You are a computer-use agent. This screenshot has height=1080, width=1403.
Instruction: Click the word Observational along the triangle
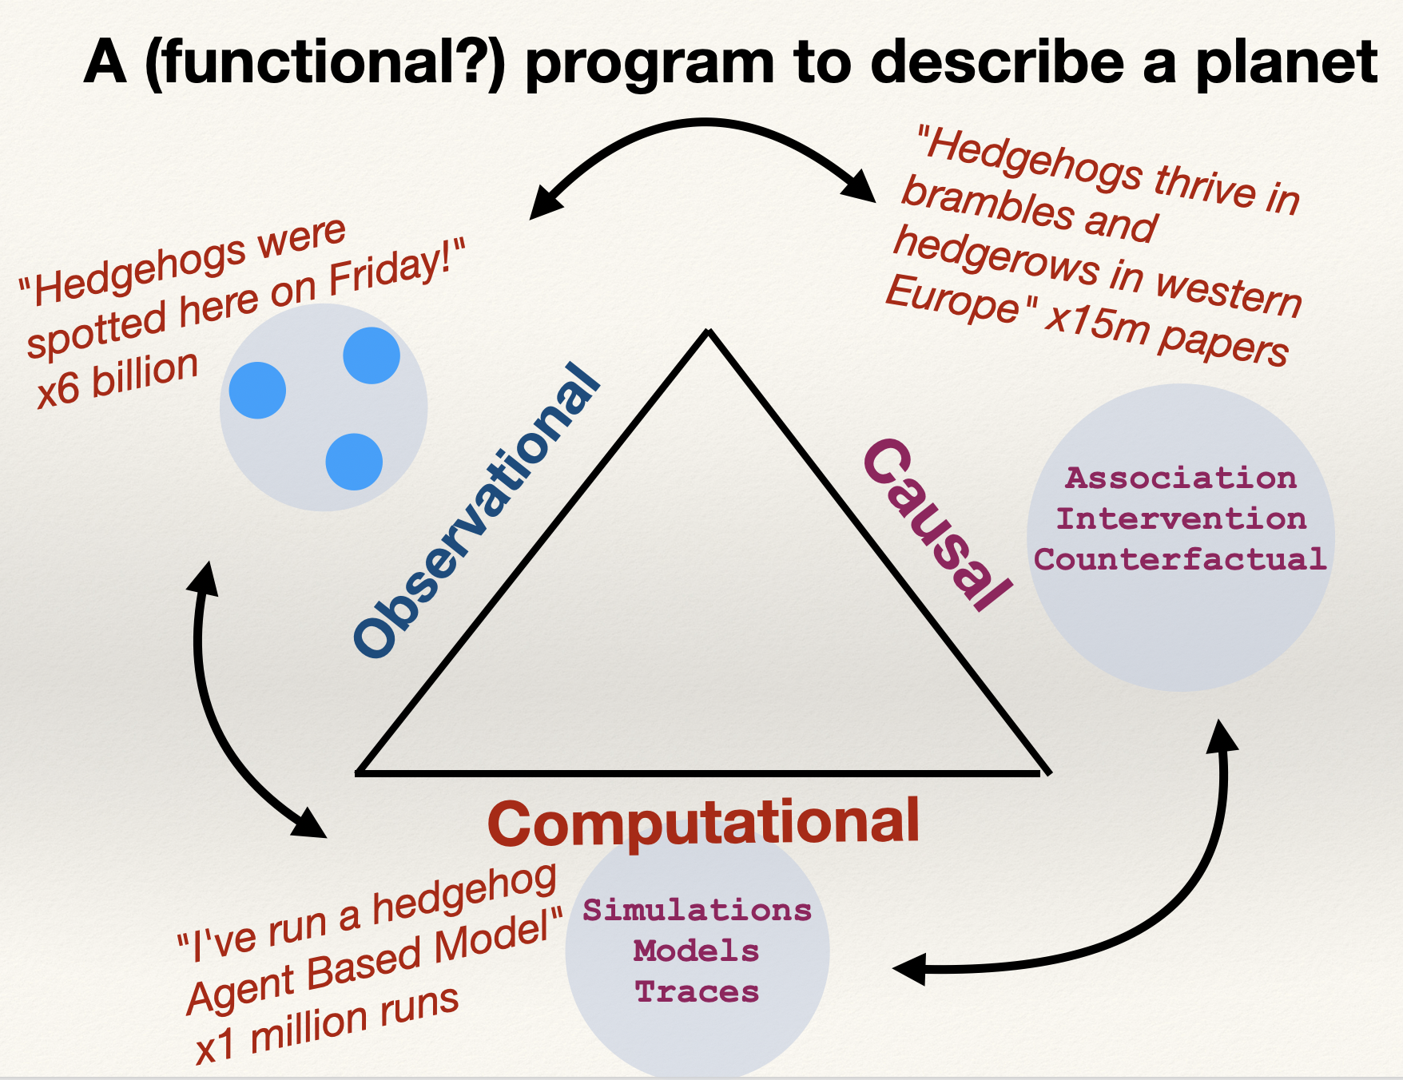(477, 511)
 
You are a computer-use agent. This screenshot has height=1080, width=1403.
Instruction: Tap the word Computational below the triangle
(703, 823)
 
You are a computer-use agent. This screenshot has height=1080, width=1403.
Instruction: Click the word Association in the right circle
(1181, 478)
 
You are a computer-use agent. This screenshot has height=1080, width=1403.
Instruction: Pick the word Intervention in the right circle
(1181, 519)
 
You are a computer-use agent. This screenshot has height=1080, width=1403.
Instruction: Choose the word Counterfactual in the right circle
(1181, 559)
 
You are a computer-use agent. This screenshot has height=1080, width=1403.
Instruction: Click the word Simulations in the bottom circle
(697, 911)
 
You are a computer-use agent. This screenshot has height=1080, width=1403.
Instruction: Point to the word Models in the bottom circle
(697, 951)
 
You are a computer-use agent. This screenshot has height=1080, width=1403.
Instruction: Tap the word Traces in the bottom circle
(697, 992)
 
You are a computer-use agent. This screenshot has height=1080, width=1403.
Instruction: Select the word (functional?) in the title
(326, 64)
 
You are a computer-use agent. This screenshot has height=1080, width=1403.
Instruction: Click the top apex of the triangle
(709, 332)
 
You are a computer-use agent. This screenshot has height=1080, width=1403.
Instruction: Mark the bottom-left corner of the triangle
(359, 772)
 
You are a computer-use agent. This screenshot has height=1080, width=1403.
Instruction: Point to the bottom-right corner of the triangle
(1047, 772)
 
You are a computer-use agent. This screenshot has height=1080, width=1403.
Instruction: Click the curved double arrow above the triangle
(705, 122)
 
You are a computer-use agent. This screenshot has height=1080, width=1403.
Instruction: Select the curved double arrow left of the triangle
(209, 719)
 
